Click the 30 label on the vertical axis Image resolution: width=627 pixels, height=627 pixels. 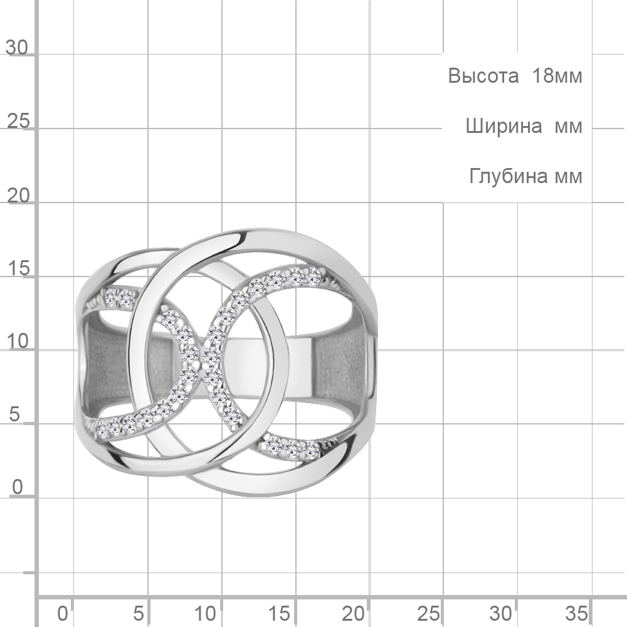point(17,48)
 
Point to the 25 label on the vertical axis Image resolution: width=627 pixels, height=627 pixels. point(18,121)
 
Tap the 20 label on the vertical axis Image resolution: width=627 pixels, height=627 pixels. point(18,196)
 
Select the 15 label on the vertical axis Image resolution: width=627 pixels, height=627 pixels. point(18,269)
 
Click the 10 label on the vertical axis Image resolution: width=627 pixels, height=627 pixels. point(18,342)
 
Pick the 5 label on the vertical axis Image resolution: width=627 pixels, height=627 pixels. point(14,414)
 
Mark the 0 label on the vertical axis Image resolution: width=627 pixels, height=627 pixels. point(17,488)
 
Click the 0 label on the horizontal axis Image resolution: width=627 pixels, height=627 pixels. point(62,613)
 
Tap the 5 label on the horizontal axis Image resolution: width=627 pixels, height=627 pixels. point(139,613)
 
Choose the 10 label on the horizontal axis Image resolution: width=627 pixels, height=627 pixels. point(205,613)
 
